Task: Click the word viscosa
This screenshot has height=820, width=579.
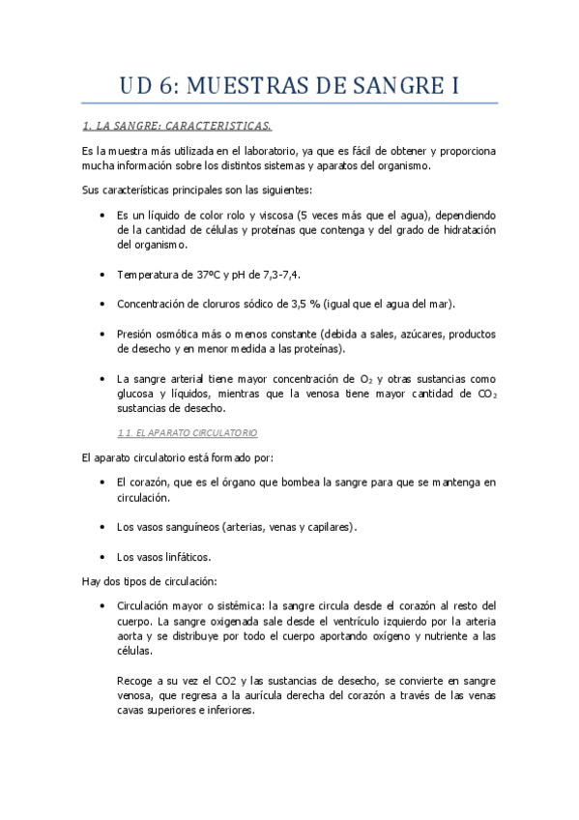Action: pos(266,215)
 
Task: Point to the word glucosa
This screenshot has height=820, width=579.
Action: pos(136,394)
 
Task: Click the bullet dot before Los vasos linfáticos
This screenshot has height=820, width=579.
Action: pos(102,557)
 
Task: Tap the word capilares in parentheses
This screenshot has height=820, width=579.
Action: pos(326,527)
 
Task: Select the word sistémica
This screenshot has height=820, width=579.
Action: pos(239,605)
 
